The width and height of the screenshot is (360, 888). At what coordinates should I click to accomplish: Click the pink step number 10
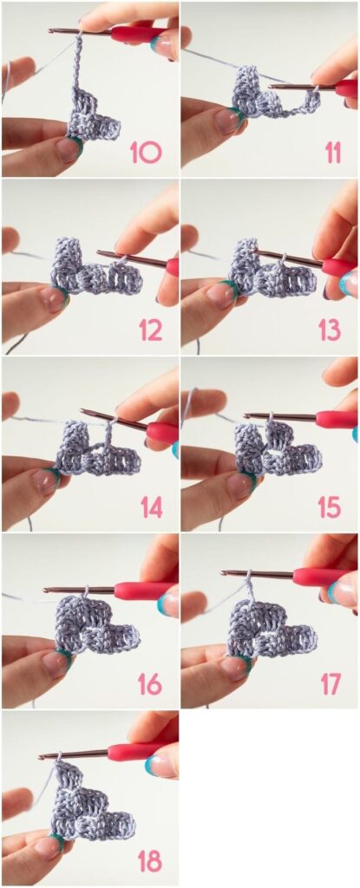[146, 153]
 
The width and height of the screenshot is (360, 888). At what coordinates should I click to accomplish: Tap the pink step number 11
[332, 153]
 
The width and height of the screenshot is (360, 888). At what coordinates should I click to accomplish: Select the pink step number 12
[151, 330]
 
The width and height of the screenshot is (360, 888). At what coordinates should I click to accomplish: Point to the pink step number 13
[330, 330]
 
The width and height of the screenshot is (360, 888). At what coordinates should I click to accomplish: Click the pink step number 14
[152, 507]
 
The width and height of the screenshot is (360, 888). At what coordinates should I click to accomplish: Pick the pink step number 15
[330, 507]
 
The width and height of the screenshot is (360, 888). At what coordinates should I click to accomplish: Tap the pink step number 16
[150, 684]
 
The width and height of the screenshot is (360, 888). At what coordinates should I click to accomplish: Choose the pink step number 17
[331, 684]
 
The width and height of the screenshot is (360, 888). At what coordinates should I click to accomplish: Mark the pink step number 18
[150, 861]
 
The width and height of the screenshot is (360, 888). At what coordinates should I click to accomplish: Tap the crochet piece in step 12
[95, 269]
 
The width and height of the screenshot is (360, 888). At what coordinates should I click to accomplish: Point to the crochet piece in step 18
[91, 804]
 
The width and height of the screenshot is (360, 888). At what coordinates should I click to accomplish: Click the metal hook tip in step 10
[50, 30]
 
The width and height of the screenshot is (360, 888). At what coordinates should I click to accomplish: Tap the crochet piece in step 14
[97, 450]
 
